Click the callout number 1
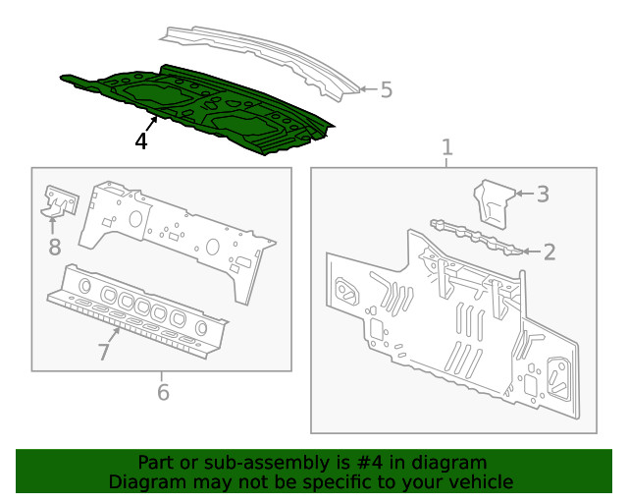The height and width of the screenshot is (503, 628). click(447, 147)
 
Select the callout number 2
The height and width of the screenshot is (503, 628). click(549, 251)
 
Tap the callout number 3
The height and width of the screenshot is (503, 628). click(542, 195)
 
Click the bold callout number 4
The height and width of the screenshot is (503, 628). click(141, 141)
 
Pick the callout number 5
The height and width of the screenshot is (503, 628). click(386, 90)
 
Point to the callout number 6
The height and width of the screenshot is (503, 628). click(163, 392)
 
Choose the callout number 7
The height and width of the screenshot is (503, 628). click(105, 352)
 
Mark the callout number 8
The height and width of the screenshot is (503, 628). click(55, 247)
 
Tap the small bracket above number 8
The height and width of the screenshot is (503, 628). click(58, 201)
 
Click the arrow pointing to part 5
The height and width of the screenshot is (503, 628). click(365, 89)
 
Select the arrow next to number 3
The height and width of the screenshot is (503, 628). click(522, 195)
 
